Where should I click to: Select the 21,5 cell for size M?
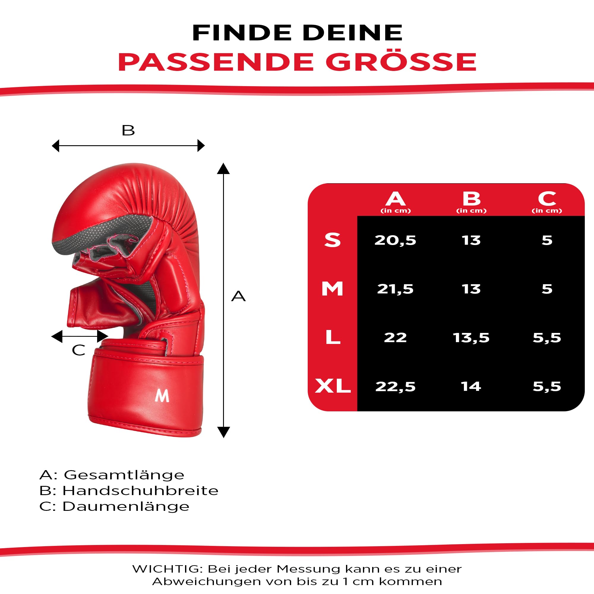click(395, 289)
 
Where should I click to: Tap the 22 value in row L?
click(395, 338)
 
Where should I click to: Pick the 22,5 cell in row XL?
click(395, 386)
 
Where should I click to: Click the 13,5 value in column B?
click(471, 338)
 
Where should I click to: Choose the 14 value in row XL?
click(471, 386)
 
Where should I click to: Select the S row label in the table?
click(332, 240)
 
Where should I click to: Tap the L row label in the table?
click(333, 337)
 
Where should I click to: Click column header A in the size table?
click(395, 199)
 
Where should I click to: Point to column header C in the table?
click(547, 199)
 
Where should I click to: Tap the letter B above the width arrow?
click(128, 130)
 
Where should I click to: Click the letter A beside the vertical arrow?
click(238, 296)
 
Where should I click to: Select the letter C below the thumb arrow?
click(78, 350)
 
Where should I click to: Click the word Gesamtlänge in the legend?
click(124, 475)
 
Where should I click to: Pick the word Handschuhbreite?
click(140, 491)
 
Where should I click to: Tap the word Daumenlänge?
click(126, 507)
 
